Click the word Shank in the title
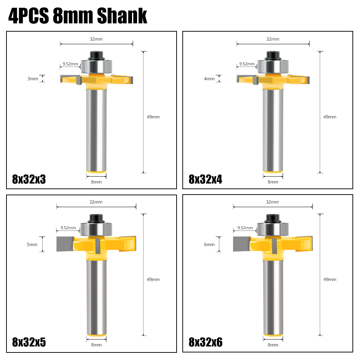tap(122, 15)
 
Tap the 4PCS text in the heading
tap(29, 15)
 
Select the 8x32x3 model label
tap(29, 179)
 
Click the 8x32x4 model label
tap(205, 179)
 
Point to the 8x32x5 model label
tap(29, 342)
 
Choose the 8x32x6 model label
tap(205, 342)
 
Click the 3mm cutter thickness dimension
tap(33, 79)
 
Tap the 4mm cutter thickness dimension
tap(209, 79)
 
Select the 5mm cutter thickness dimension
tap(32, 245)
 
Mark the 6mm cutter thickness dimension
tap(209, 245)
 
